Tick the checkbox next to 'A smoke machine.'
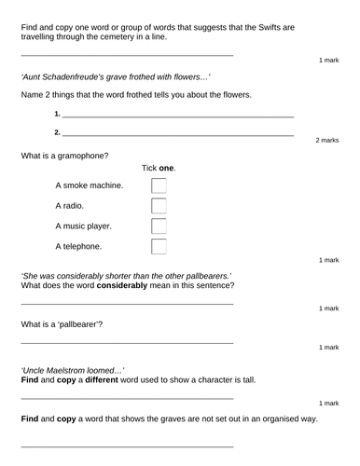159,185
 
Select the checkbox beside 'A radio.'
159,206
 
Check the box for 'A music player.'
159,226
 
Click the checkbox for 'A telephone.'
159,247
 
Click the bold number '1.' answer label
58,114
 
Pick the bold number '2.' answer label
58,132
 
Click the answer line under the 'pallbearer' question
127,344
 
